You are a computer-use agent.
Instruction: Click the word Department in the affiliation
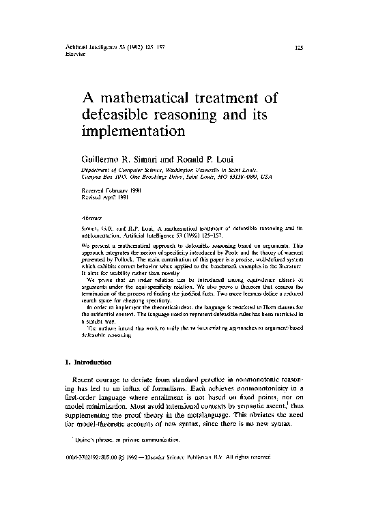pyautogui.click(x=96, y=168)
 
